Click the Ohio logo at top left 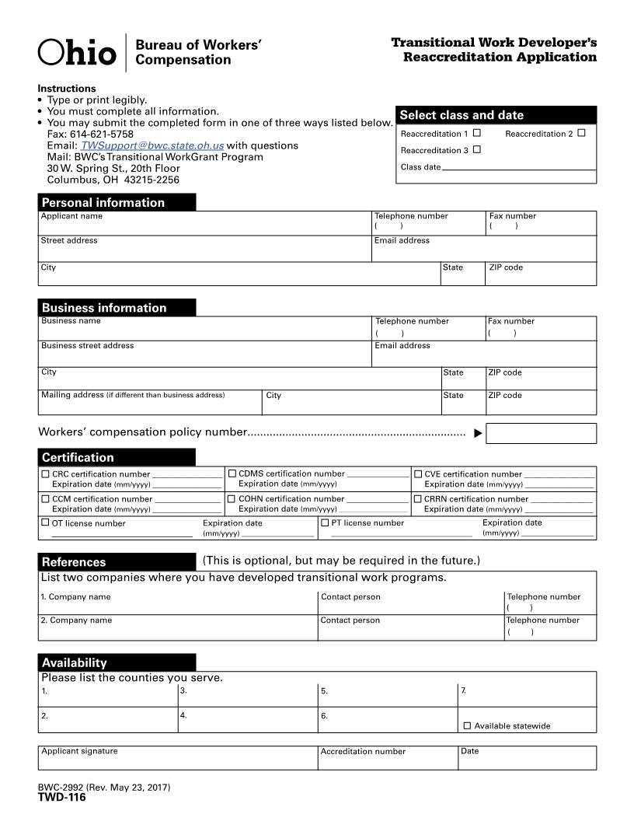(77, 53)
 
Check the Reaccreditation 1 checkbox (477, 133)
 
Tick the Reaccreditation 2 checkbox (581, 133)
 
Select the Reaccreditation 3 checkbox (477, 149)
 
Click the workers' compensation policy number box (541, 433)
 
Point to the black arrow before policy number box (478, 433)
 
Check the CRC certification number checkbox (45, 473)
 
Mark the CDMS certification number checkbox (232, 473)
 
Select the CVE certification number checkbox (418, 473)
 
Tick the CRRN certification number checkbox (418, 499)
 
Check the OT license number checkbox (45, 523)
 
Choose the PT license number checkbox (325, 523)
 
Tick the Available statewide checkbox (467, 725)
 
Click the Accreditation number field (388, 759)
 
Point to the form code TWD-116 (62, 797)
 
